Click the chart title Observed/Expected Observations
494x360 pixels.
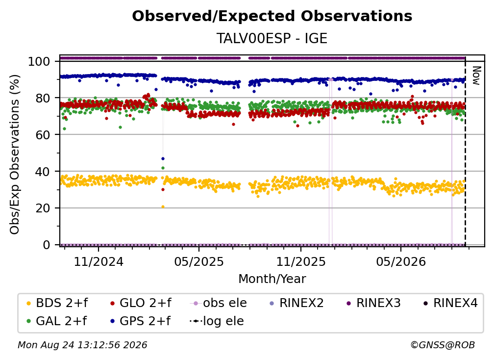(x=272, y=16)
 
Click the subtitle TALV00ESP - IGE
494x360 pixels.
(x=272, y=38)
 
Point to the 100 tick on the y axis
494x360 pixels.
(x=39, y=61)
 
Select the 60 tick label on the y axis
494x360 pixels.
(x=43, y=134)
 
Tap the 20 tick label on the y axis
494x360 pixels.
(x=43, y=208)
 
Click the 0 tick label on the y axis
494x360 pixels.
(x=47, y=245)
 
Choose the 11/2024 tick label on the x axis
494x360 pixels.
(x=99, y=261)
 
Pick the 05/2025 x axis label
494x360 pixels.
(x=199, y=261)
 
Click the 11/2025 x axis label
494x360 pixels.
(x=301, y=261)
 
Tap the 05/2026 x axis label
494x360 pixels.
(x=401, y=261)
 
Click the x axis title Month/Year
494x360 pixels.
(x=272, y=279)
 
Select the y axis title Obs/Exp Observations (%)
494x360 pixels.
(x=15, y=154)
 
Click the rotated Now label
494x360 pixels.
(x=476, y=76)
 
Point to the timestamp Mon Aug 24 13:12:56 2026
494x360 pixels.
(x=82, y=345)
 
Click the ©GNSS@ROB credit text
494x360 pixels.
(x=443, y=345)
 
